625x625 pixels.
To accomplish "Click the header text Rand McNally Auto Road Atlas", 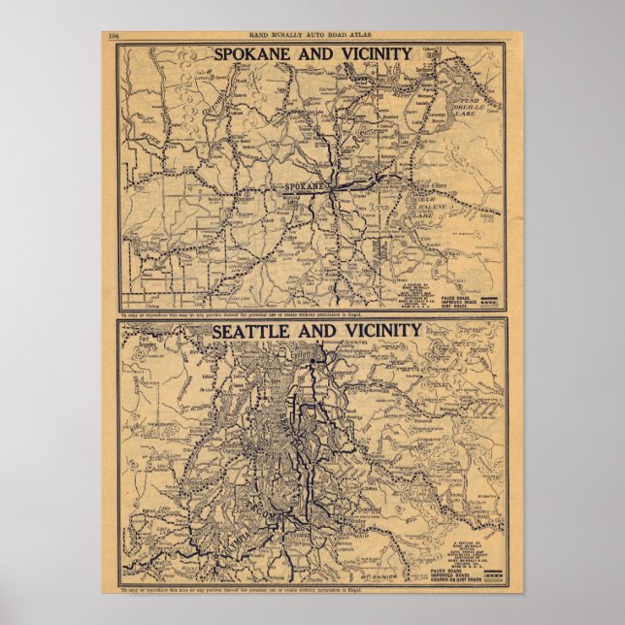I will coord(312,36).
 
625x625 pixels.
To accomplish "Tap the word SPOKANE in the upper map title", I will coord(256,53).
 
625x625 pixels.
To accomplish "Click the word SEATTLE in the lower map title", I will coord(255,331).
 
